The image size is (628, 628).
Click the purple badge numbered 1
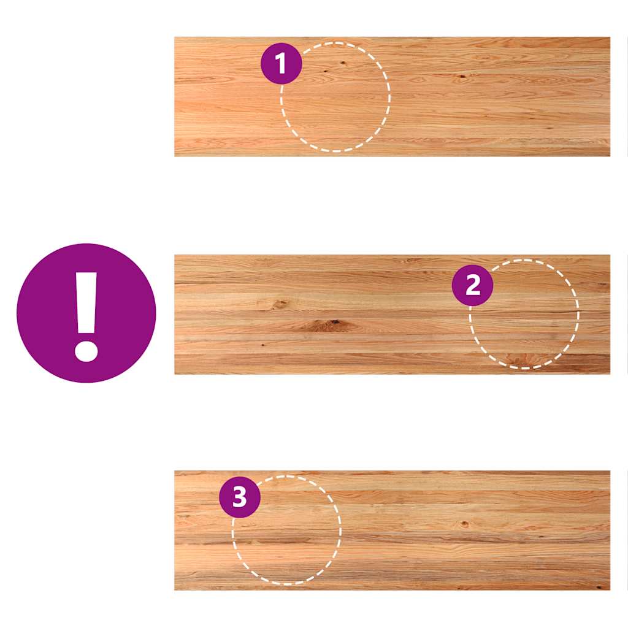coord(281,63)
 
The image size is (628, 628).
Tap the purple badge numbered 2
coord(473,285)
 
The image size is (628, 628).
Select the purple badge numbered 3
coord(240,497)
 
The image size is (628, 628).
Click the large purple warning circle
coord(86,313)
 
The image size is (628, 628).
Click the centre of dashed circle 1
coord(335,97)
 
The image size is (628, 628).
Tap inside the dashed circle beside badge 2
coord(524,314)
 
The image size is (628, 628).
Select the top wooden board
coord(392,96)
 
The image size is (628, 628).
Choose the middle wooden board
coord(392,315)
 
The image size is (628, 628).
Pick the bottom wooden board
coord(392,530)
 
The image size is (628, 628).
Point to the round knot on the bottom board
coord(465,524)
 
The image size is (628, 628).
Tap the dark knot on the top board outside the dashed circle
coord(462,76)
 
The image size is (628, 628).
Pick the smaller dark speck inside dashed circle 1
coord(325,71)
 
